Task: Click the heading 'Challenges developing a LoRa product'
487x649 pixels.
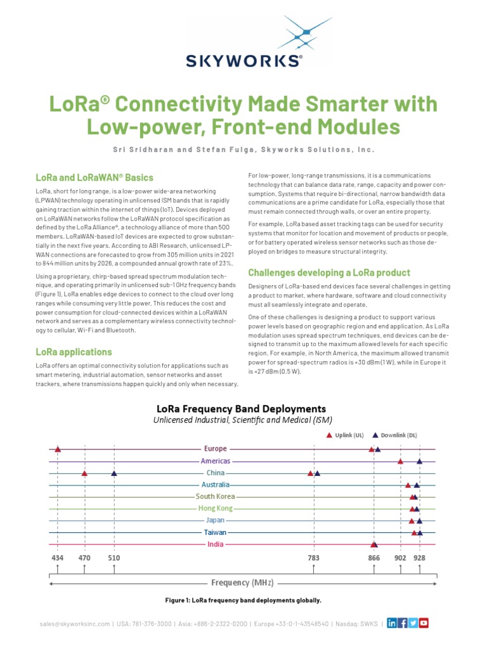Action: [x=320, y=273]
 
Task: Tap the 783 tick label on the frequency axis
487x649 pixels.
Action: [x=313, y=558]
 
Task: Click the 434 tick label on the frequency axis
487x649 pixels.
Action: [x=58, y=558]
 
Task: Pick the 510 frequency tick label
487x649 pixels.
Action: [x=114, y=558]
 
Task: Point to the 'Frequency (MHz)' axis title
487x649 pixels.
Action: [x=242, y=582]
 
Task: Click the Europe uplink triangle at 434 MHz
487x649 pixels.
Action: [x=58, y=449]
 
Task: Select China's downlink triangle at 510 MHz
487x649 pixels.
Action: [x=114, y=473]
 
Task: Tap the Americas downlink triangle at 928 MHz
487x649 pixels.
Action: [x=419, y=461]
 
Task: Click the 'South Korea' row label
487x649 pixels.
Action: [x=216, y=497]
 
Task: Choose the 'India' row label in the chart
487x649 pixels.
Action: [x=216, y=544]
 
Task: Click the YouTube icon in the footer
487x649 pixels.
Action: [x=424, y=624]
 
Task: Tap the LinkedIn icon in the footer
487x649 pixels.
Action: [x=392, y=624]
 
